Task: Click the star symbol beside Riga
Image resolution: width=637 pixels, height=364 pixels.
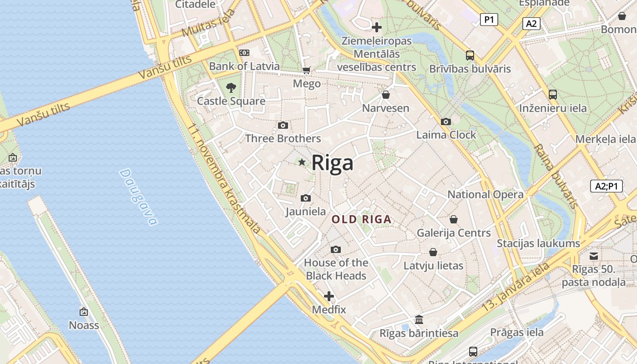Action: (302, 162)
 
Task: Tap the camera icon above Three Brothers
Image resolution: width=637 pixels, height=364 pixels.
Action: (283, 125)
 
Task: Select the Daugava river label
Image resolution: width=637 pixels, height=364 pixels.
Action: (138, 197)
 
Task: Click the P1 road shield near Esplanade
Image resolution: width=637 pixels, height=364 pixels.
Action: (489, 20)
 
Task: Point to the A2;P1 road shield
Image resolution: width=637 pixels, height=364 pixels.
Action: (607, 186)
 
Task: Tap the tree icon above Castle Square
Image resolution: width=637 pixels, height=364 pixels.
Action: (231, 87)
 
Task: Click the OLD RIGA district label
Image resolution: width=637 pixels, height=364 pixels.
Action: (361, 219)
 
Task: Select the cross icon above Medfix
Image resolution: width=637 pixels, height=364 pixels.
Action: (329, 297)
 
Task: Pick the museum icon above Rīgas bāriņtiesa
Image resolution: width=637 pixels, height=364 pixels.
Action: (419, 319)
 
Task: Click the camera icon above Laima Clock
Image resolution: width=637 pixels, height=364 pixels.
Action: (446, 121)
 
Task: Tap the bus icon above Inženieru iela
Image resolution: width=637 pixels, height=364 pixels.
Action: (553, 95)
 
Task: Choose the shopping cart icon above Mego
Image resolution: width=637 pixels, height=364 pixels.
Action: (307, 70)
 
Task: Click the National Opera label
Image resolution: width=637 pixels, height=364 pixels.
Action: (485, 194)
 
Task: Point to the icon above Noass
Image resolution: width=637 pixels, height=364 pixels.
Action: (84, 312)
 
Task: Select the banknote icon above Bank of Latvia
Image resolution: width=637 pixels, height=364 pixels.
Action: (244, 53)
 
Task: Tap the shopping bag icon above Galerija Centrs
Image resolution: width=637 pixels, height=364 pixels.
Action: (454, 219)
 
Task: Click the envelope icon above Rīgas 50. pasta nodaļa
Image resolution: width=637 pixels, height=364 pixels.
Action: (594, 256)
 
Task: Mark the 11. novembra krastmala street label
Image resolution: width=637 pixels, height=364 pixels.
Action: (224, 178)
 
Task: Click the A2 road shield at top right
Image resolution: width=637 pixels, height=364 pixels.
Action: (531, 24)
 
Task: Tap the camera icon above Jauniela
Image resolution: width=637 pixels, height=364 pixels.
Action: (306, 198)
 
